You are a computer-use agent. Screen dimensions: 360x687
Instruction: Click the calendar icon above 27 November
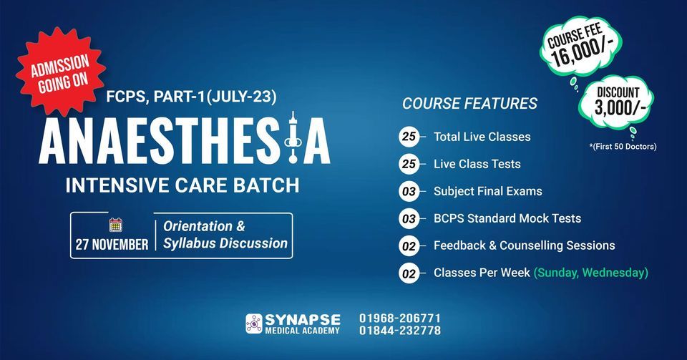(115, 225)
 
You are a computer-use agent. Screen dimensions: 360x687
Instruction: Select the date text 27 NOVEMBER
(112, 244)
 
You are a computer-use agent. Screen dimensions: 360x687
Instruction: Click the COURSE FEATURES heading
(469, 104)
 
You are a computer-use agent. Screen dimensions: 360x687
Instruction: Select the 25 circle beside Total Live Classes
(409, 137)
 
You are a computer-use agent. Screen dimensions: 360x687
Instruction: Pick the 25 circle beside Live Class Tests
(409, 164)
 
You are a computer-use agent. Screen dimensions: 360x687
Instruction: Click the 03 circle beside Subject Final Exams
(409, 191)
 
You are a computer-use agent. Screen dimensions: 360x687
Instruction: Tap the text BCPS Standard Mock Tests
(507, 218)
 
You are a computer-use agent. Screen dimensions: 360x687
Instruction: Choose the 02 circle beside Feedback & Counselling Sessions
(409, 245)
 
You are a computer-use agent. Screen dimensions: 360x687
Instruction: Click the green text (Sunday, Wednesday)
(590, 273)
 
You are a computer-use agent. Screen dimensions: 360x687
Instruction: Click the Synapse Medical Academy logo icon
(254, 323)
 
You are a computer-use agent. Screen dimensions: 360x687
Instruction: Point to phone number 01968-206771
(400, 318)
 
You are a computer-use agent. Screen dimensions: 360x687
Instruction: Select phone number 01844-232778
(400, 331)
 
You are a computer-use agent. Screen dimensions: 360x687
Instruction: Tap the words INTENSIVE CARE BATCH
(182, 185)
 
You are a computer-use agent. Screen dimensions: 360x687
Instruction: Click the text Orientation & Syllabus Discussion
(225, 235)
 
